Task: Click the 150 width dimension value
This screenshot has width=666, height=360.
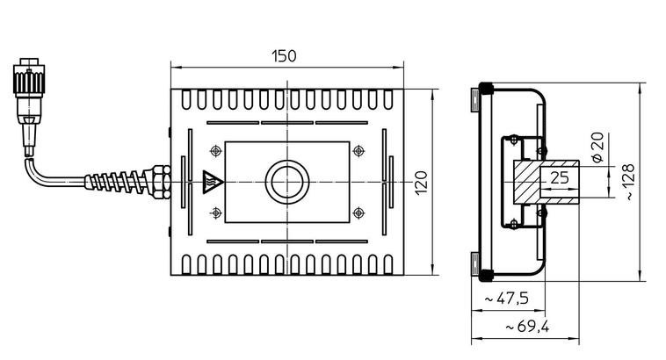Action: coord(284,56)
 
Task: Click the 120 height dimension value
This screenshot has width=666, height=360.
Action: coord(421,182)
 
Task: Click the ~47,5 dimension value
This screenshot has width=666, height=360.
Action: coord(507,299)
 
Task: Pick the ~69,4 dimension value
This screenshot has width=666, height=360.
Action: coord(527,328)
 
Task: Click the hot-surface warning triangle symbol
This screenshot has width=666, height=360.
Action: coord(211,182)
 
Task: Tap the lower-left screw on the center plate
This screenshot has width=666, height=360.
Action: coord(216,212)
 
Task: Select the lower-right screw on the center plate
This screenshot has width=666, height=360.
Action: coord(358,212)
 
